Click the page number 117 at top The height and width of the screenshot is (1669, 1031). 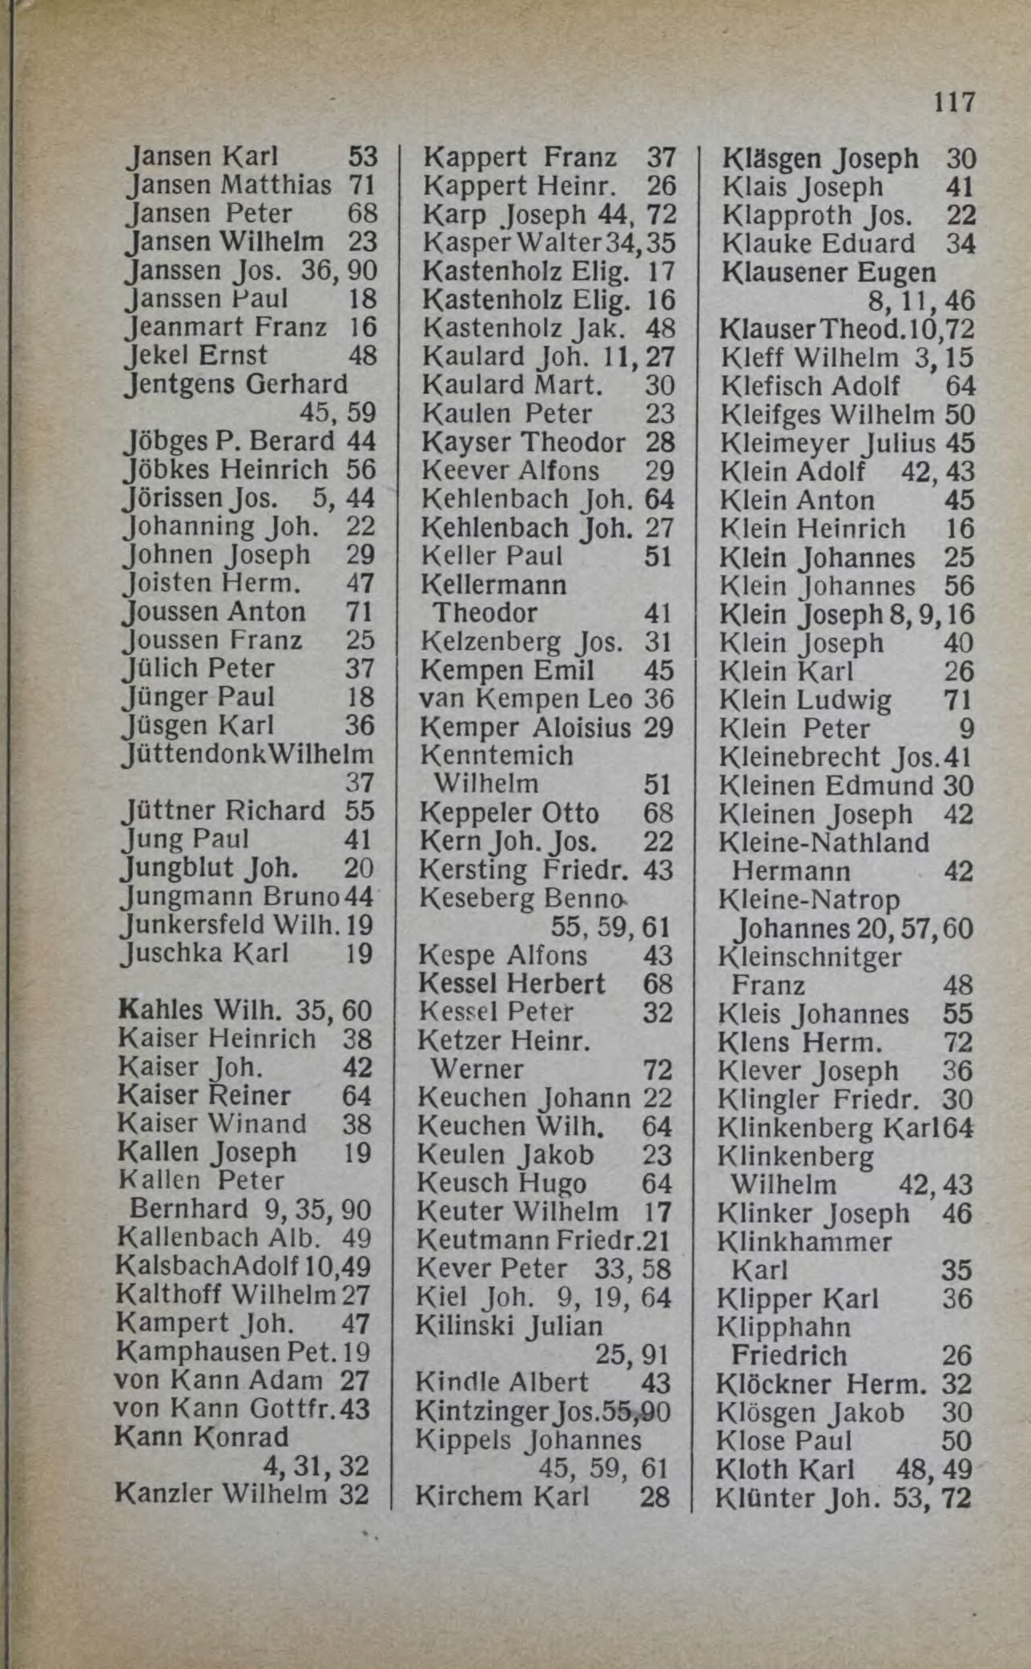pyautogui.click(x=954, y=103)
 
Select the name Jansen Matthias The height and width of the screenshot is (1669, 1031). pyautogui.click(x=229, y=185)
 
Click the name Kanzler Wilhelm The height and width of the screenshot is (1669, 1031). pyautogui.click(x=221, y=1494)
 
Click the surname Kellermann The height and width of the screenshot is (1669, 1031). pyautogui.click(x=493, y=585)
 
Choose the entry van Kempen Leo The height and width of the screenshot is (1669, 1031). pyautogui.click(x=525, y=699)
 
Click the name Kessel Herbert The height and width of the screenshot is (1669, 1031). pyautogui.click(x=512, y=983)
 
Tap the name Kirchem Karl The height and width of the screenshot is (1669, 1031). pyautogui.click(x=501, y=1496)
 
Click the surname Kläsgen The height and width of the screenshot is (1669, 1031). pyautogui.click(x=772, y=159)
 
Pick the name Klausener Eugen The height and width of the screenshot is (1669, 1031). pyautogui.click(x=828, y=272)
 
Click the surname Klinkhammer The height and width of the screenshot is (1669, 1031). pyautogui.click(x=804, y=1242)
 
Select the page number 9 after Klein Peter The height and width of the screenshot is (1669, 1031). pyautogui.click(x=966, y=728)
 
